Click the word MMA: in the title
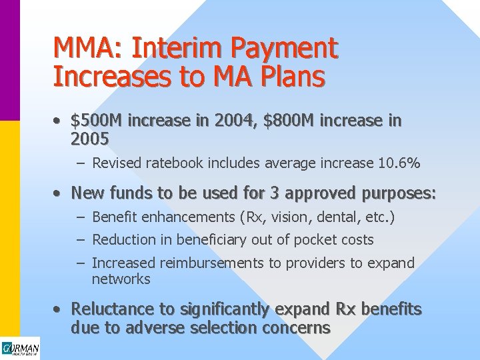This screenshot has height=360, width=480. pyautogui.click(x=89, y=48)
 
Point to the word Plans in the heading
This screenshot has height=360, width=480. pyautogui.click(x=290, y=77)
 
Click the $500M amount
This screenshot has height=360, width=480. pyautogui.click(x=97, y=121)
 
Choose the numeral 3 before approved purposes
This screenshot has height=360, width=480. pyautogui.click(x=274, y=193)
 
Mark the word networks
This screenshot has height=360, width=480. pyautogui.click(x=121, y=279)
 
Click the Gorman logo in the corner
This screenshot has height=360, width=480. pyautogui.click(x=20, y=349)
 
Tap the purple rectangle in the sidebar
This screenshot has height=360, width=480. pyautogui.click(x=10, y=60)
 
